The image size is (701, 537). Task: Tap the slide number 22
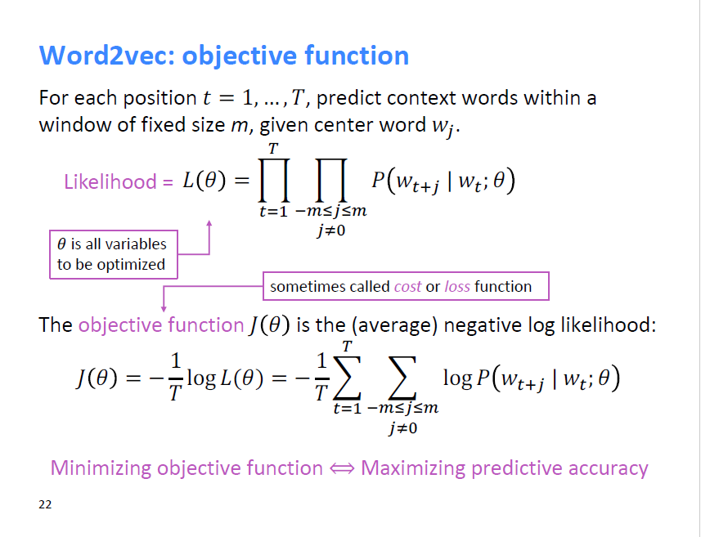pyautogui.click(x=45, y=504)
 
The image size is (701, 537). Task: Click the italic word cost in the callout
pyautogui.click(x=407, y=286)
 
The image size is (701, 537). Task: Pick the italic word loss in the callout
pyautogui.click(x=457, y=286)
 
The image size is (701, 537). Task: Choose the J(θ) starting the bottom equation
pyautogui.click(x=97, y=380)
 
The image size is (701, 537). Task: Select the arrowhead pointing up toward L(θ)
pyautogui.click(x=210, y=222)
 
